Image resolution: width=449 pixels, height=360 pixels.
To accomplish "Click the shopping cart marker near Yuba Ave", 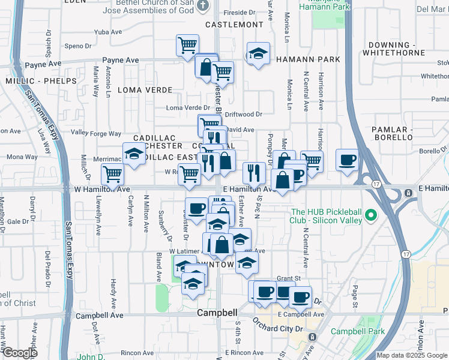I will [x=187, y=44].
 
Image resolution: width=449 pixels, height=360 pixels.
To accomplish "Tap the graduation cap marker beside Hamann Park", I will [x=258, y=53].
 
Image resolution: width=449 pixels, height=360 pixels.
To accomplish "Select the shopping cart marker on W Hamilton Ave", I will [x=112, y=174].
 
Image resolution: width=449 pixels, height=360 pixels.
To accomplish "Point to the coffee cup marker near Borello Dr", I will [x=347, y=160].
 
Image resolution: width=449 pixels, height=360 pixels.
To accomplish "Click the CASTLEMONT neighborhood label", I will [x=234, y=25].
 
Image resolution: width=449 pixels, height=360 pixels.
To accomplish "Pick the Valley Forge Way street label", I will [x=96, y=133].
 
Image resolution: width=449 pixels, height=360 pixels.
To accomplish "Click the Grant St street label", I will [x=288, y=278].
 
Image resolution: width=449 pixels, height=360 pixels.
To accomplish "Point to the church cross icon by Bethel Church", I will [x=202, y=5].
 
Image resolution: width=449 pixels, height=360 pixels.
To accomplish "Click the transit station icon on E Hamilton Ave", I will [x=408, y=193].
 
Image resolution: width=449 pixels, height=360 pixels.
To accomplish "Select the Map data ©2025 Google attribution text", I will [x=412, y=355].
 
